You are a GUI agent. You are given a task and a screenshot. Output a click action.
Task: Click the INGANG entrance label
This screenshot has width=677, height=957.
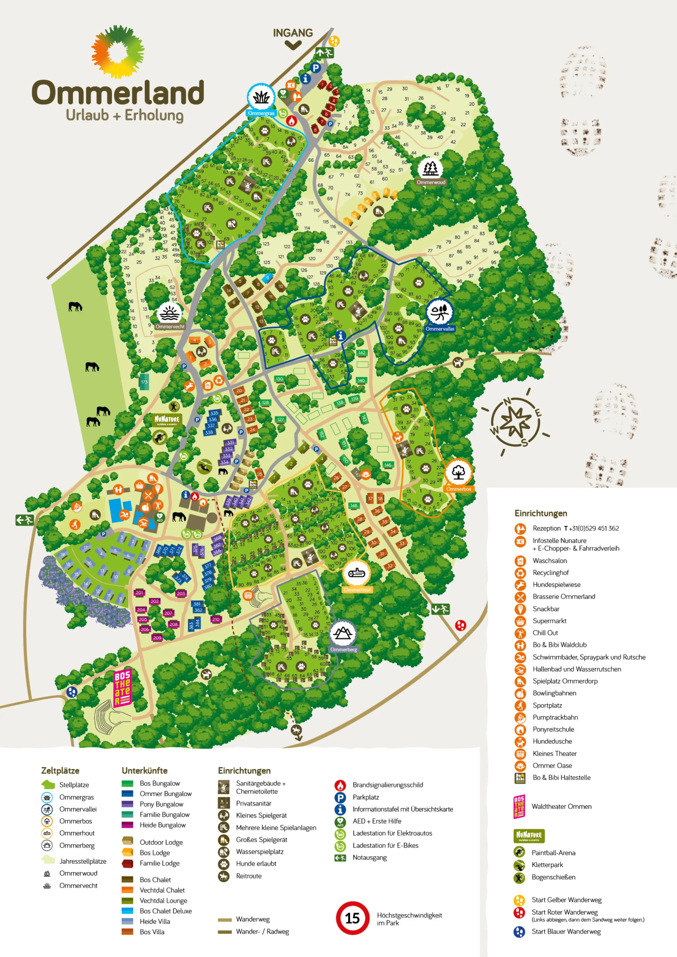[293, 33]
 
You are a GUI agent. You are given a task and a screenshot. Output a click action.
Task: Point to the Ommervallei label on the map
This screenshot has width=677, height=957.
[440, 329]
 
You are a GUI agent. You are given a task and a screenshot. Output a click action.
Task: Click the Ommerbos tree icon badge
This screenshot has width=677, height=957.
[458, 472]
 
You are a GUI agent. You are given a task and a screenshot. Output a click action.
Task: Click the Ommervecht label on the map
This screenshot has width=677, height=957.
[170, 327]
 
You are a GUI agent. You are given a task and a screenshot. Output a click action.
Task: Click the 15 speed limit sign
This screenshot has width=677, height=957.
[352, 918]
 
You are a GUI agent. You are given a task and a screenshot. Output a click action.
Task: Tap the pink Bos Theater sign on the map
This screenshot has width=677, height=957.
[123, 688]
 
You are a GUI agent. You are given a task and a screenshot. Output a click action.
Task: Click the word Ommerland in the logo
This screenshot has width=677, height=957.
[118, 93]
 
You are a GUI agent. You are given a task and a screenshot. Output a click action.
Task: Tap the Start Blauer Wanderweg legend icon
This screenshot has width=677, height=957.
[519, 932]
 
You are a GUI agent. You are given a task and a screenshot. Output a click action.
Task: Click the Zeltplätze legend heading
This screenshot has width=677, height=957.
[60, 771]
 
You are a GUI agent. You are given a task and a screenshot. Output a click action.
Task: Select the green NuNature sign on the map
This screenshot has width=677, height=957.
[167, 420]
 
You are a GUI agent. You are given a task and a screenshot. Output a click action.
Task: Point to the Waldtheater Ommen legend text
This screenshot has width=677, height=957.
[561, 806]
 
